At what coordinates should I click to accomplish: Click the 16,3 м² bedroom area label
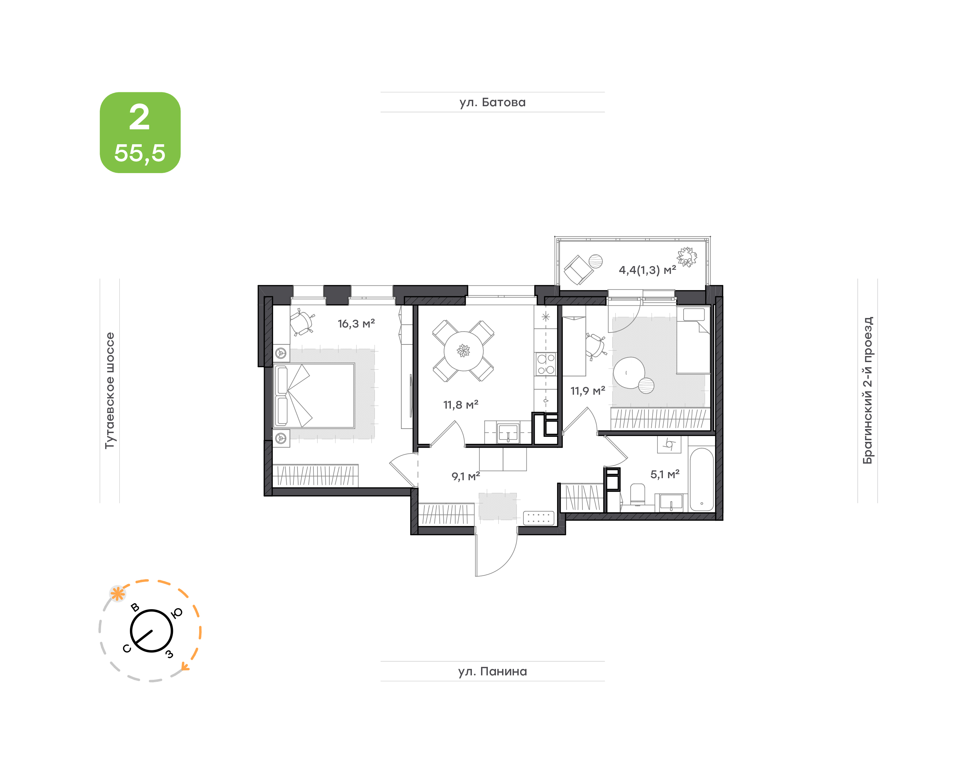tap(356, 323)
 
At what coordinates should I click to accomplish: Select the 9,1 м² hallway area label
tap(465, 476)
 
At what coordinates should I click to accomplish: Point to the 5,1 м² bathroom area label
tap(665, 474)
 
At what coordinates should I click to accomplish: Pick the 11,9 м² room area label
tap(588, 391)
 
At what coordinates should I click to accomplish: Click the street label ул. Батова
tap(492, 102)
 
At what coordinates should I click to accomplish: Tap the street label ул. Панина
tap(492, 671)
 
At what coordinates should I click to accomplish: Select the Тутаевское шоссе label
tap(110, 390)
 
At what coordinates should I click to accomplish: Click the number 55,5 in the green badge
tap(139, 153)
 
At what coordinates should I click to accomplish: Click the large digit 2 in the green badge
tap(139, 118)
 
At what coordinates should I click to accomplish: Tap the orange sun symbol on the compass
tap(118, 594)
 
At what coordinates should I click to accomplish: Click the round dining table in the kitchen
tap(463, 351)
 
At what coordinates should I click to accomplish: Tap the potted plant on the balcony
tap(687, 257)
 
